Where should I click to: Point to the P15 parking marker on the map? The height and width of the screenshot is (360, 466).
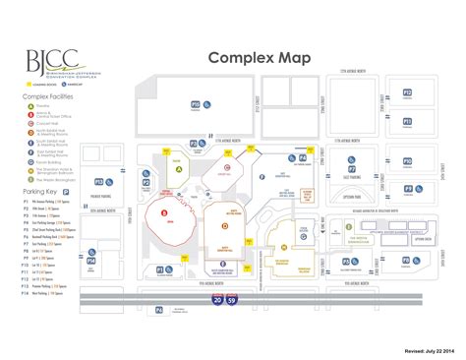195,104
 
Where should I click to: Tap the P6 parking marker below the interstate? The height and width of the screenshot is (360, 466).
158,309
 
